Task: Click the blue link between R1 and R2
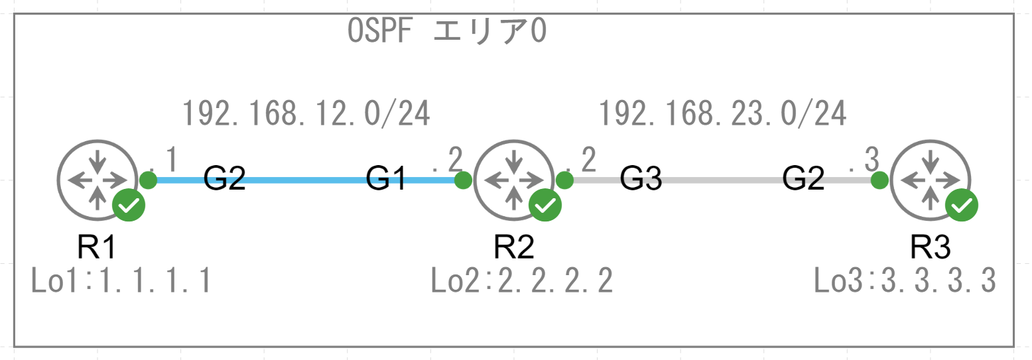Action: pyautogui.click(x=305, y=180)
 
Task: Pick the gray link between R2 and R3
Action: pyautogui.click(x=723, y=180)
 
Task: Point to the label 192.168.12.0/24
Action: pyautogui.click(x=306, y=114)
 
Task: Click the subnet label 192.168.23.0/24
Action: pyautogui.click(x=723, y=114)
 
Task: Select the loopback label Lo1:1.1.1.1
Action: pyautogui.click(x=121, y=282)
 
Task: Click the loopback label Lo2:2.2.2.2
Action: pyautogui.click(x=521, y=282)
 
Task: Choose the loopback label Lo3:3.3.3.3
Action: pyautogui.click(x=905, y=282)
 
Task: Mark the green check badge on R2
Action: pyautogui.click(x=545, y=205)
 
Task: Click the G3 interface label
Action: pyautogui.click(x=641, y=179)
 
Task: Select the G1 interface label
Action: pyautogui.click(x=387, y=179)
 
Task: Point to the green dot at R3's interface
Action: pyautogui.click(x=879, y=180)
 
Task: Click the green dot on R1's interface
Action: pyautogui.click(x=149, y=180)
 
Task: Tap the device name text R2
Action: pyautogui.click(x=514, y=247)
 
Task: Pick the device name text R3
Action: pyautogui.click(x=930, y=247)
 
